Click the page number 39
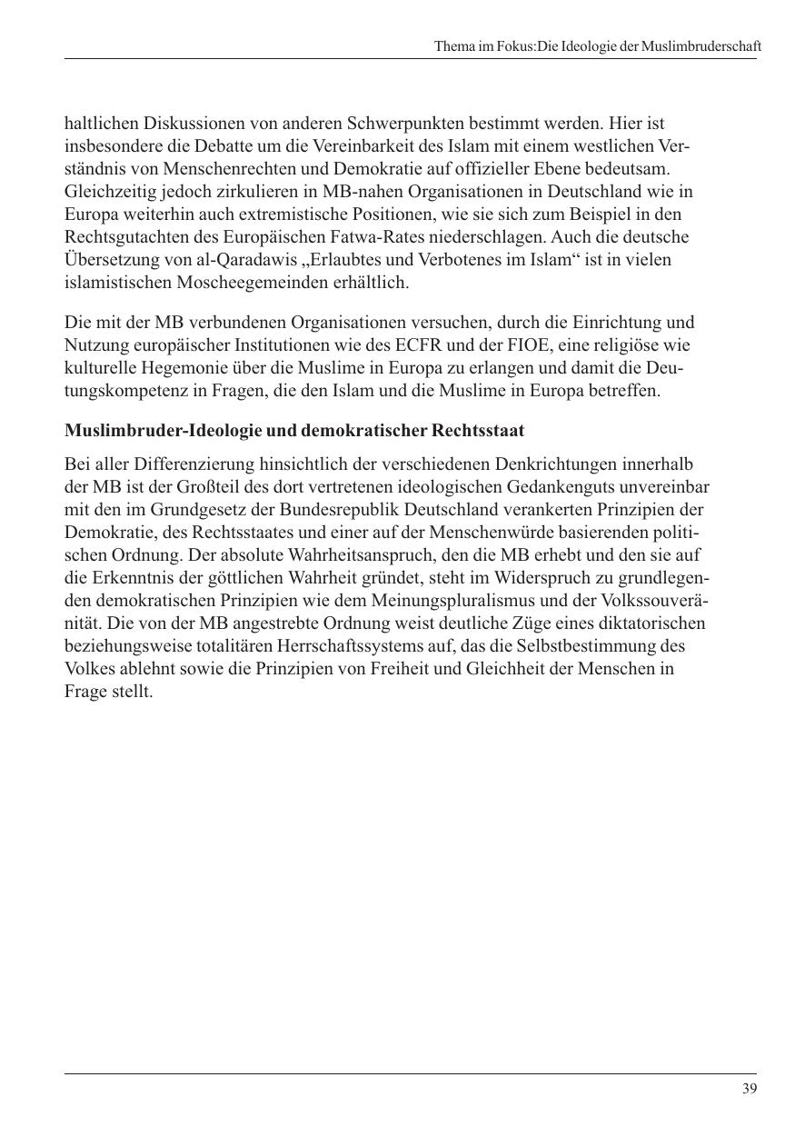(x=749, y=1089)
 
